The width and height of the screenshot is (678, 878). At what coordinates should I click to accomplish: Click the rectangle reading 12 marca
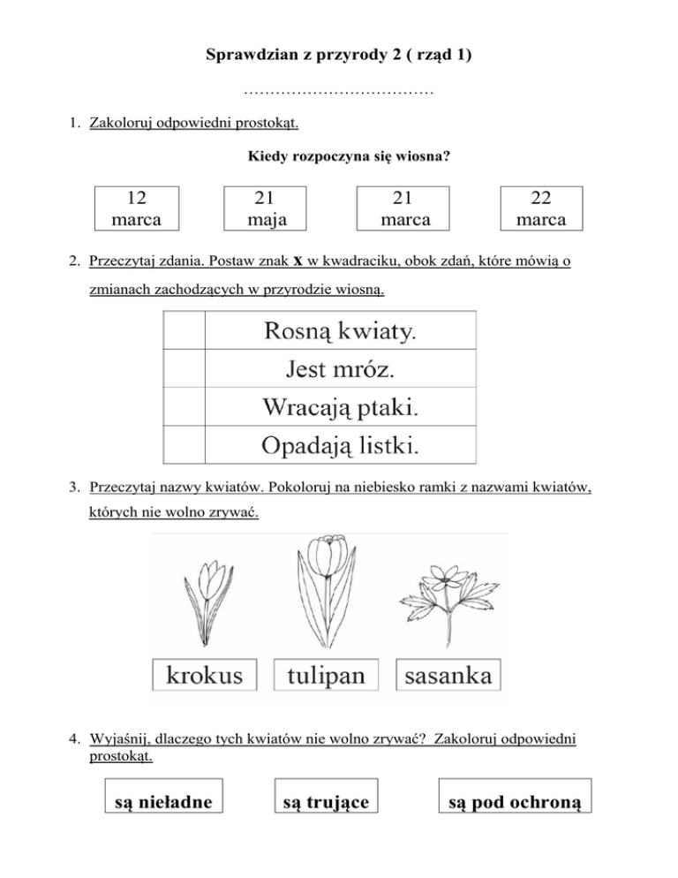coord(136,208)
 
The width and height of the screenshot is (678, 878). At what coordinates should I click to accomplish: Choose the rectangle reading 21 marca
coord(402,208)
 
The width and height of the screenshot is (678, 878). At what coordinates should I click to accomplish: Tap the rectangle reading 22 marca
coord(542,208)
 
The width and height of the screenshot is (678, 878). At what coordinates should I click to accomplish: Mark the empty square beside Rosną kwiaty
coord(184,330)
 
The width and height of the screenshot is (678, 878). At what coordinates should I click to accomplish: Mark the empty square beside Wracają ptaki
coord(184,407)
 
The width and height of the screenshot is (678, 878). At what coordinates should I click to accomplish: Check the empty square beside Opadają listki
coord(184,445)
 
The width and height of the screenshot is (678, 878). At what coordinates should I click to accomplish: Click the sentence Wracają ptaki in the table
coord(340,407)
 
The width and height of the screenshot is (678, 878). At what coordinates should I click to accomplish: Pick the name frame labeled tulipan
coord(327,676)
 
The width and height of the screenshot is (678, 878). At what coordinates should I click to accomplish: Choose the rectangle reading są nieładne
coord(163,800)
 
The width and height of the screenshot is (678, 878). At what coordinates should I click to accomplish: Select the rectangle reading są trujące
coord(326,800)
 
